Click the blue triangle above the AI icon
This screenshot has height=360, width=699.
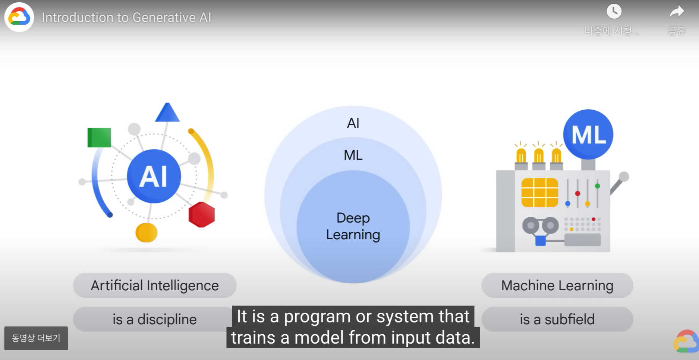(167, 114)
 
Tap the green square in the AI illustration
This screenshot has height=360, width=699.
(99, 138)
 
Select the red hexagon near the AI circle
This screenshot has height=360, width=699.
(201, 215)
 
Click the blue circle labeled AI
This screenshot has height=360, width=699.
(154, 176)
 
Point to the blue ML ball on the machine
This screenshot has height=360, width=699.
(588, 135)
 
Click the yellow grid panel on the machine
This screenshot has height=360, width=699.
(539, 192)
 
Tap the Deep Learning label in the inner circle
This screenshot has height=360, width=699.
(353, 226)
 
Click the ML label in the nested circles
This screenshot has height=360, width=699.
(353, 155)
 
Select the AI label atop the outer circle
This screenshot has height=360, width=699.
(353, 123)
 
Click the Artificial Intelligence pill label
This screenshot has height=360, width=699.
(155, 285)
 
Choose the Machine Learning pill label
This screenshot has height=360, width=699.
(557, 285)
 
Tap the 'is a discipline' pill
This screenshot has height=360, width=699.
(154, 319)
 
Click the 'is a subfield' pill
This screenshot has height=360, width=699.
(557, 319)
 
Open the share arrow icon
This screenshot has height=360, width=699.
(676, 12)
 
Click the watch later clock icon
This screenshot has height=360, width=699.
(614, 12)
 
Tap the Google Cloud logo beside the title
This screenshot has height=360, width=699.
(19, 17)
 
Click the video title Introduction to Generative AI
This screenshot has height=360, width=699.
(126, 18)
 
